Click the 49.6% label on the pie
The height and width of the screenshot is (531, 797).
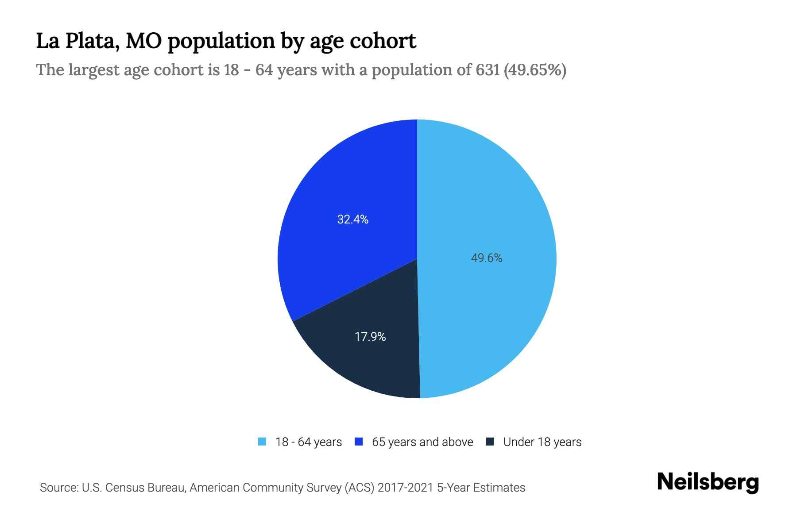[486, 258]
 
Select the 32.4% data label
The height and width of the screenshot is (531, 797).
[352, 219]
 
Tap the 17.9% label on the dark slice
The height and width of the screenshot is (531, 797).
[370, 337]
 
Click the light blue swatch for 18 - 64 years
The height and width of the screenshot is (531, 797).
[262, 442]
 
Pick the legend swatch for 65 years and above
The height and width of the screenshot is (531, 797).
[359, 442]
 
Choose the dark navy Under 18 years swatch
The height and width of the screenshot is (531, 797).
[490, 442]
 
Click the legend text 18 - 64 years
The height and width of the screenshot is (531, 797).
[309, 442]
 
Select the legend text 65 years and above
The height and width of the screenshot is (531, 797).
[422, 442]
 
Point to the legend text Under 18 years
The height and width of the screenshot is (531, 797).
[542, 442]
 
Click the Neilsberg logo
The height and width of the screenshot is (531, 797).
[708, 482]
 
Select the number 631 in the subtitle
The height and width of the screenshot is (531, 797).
[487, 70]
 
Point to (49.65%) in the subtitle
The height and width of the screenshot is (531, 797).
[535, 70]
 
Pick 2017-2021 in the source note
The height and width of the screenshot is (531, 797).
[406, 488]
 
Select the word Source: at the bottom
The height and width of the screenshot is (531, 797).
[58, 488]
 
